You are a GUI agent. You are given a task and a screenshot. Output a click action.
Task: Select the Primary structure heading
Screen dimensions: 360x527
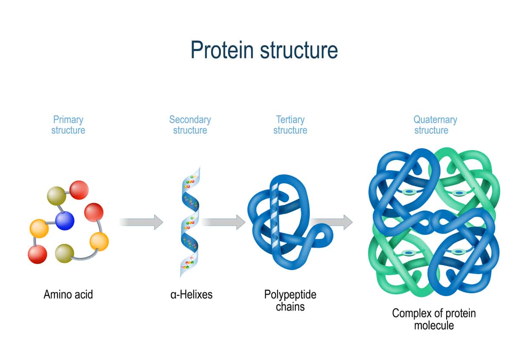coord(68,125)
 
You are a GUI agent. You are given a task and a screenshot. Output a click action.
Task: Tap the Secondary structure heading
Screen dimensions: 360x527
coord(190,125)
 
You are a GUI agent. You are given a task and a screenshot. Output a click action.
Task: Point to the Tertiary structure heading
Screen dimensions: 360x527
coord(290,125)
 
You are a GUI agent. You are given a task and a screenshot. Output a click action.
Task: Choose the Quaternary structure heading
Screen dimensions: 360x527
coord(435,125)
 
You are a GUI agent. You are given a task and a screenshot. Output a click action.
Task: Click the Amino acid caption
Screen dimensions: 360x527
coord(68,294)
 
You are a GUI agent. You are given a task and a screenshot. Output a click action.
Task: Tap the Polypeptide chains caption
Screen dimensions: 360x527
coord(290,300)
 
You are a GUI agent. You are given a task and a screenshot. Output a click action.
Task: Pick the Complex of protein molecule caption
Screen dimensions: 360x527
coord(434,319)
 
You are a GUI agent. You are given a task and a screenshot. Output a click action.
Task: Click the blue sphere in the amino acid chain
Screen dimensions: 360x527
coord(65,220)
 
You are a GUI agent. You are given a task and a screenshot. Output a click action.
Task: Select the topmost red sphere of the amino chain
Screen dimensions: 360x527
coord(79,190)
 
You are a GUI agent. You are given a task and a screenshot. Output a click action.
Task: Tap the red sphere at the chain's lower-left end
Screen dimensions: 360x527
coord(37,254)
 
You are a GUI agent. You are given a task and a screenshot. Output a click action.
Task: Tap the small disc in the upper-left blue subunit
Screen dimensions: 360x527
coord(409,192)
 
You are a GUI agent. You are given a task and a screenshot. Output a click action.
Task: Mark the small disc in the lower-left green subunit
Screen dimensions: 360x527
coord(409,253)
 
